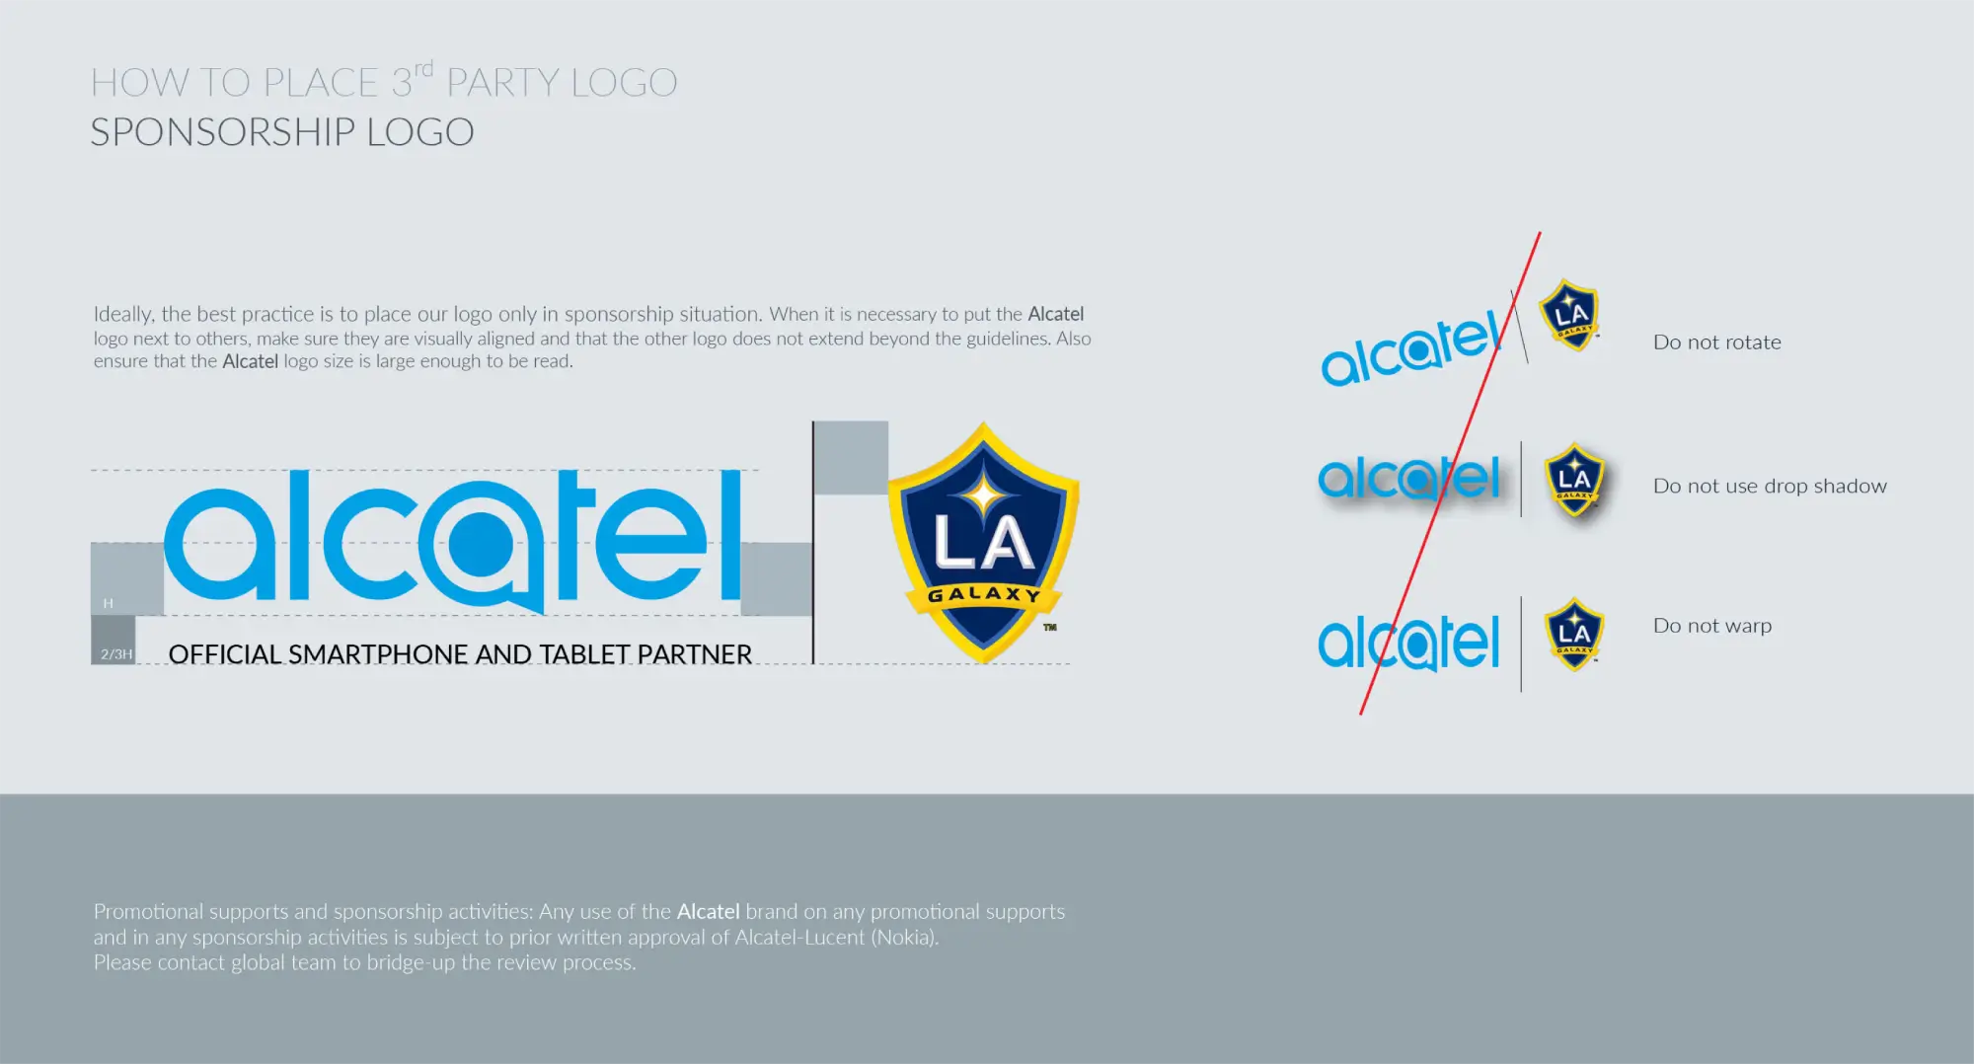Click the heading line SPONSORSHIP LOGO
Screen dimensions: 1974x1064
pos(282,132)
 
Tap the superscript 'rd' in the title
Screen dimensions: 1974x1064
pos(423,69)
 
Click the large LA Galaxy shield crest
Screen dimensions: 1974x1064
pos(983,542)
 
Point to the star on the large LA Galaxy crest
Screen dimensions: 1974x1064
pos(984,494)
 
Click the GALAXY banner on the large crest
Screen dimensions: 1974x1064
pos(984,594)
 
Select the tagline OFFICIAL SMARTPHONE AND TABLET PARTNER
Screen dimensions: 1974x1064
pos(460,654)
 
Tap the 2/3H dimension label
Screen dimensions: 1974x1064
pos(116,654)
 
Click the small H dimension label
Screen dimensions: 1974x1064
pos(109,603)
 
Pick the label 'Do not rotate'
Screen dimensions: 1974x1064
pos(1717,342)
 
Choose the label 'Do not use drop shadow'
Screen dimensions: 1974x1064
pos(1770,486)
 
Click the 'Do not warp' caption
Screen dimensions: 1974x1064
pos(1712,626)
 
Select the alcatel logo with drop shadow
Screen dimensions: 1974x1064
pos(1409,479)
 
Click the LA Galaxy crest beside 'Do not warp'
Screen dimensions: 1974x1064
pos(1574,634)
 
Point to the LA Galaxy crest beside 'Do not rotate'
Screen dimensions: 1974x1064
pos(1569,315)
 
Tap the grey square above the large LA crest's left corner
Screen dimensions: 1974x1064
pos(851,458)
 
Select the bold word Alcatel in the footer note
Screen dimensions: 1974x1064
pos(708,911)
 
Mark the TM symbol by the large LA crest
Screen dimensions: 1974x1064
pos(1050,627)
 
